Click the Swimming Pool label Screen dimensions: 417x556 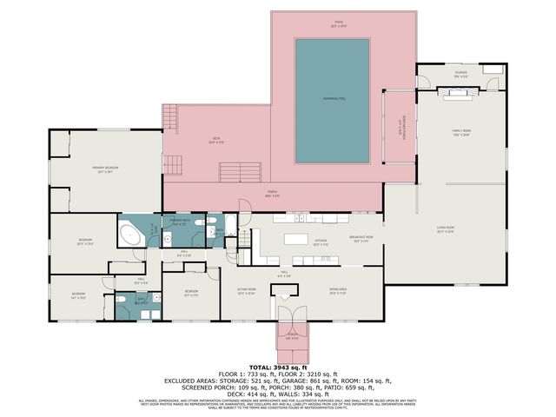tap(332, 99)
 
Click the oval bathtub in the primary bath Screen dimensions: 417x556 tap(131, 234)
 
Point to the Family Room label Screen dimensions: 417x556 tap(460, 132)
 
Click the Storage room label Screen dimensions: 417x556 tap(460, 73)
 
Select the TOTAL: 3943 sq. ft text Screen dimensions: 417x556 tap(278, 368)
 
